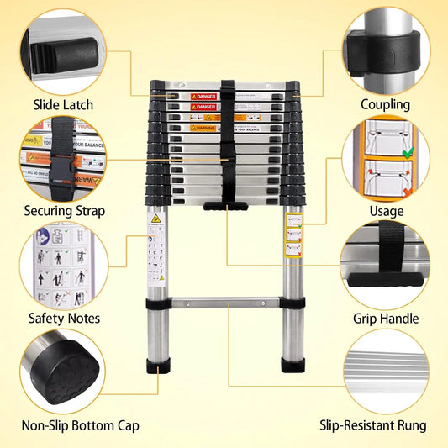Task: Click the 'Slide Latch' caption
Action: click(63, 105)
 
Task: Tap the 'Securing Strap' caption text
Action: click(64, 211)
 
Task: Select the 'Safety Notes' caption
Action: click(64, 319)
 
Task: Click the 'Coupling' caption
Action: click(385, 105)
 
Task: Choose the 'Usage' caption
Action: click(386, 211)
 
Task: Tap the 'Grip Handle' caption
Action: click(386, 319)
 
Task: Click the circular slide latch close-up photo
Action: click(63, 50)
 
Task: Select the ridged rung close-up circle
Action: click(385, 370)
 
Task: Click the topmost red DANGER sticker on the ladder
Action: click(203, 98)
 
